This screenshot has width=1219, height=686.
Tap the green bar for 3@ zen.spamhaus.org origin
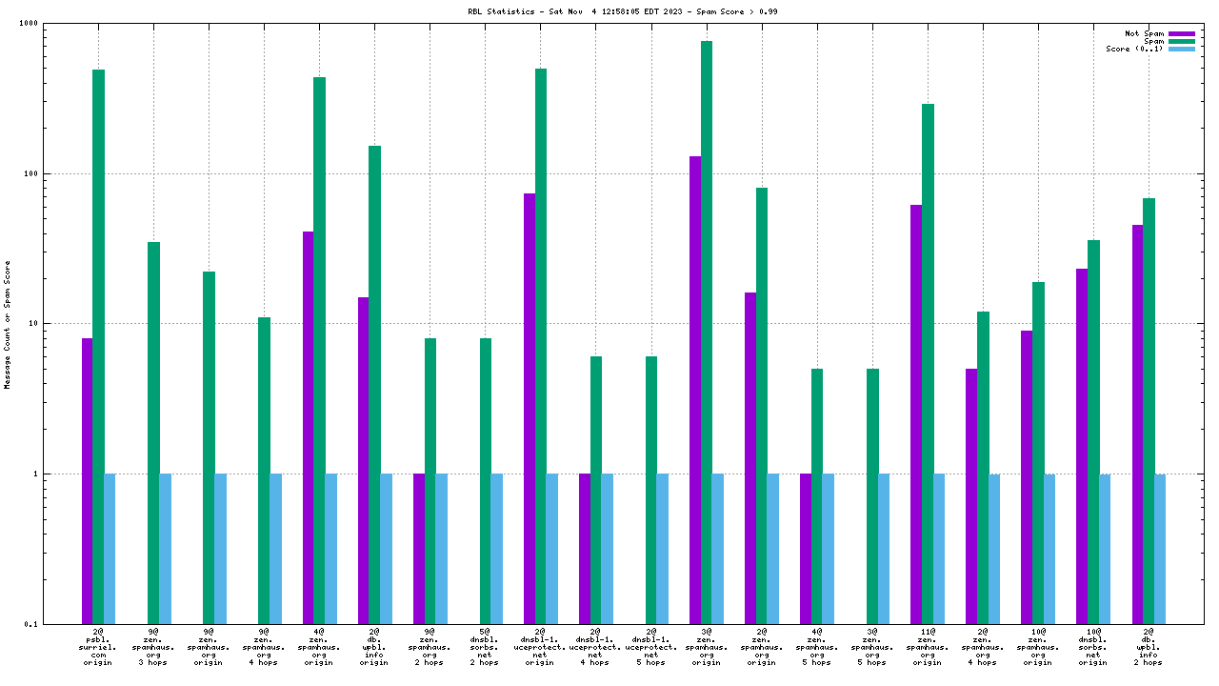[x=707, y=333]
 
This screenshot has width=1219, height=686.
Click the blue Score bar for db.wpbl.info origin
[x=386, y=549]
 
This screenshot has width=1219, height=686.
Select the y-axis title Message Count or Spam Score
[x=8, y=324]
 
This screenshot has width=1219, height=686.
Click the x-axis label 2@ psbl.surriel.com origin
[x=98, y=646]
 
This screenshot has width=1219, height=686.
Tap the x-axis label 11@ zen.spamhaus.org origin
[x=928, y=646]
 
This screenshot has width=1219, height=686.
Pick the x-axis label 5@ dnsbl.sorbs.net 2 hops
[x=485, y=646]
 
